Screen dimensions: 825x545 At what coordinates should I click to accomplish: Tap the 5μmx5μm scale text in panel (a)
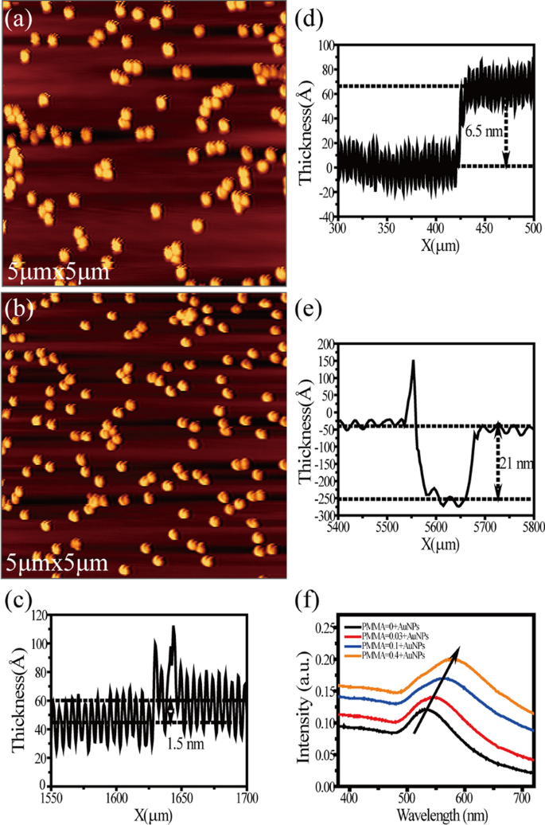click(56, 272)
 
